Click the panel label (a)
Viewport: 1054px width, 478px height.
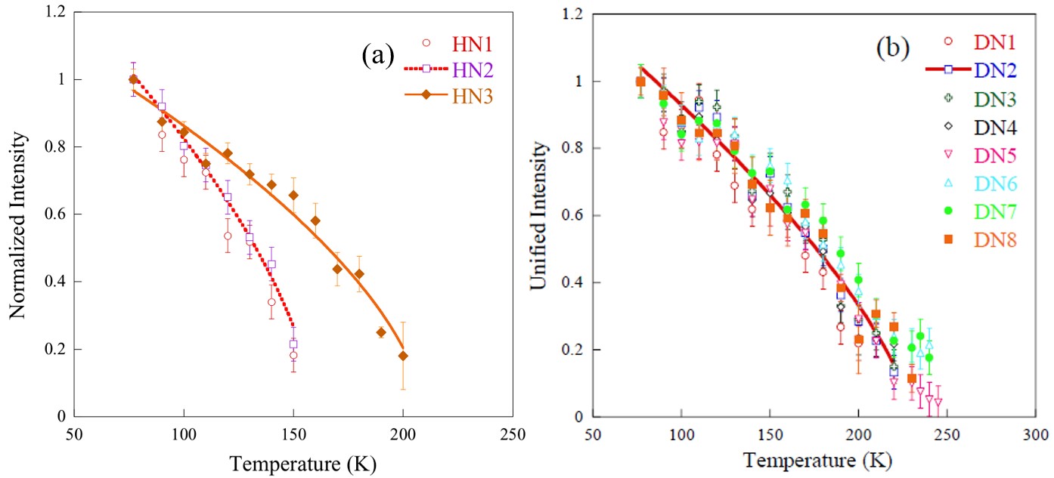[378, 54]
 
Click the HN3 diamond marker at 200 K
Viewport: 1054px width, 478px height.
[403, 356]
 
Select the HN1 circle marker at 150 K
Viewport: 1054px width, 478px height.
[293, 356]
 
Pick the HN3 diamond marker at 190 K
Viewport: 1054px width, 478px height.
[381, 332]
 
